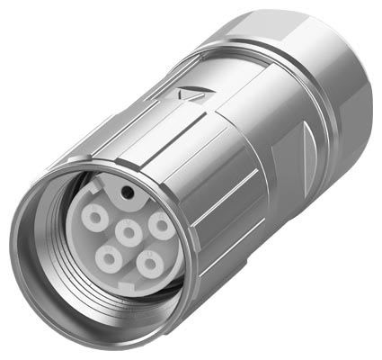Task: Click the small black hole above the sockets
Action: pyautogui.click(x=127, y=193)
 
